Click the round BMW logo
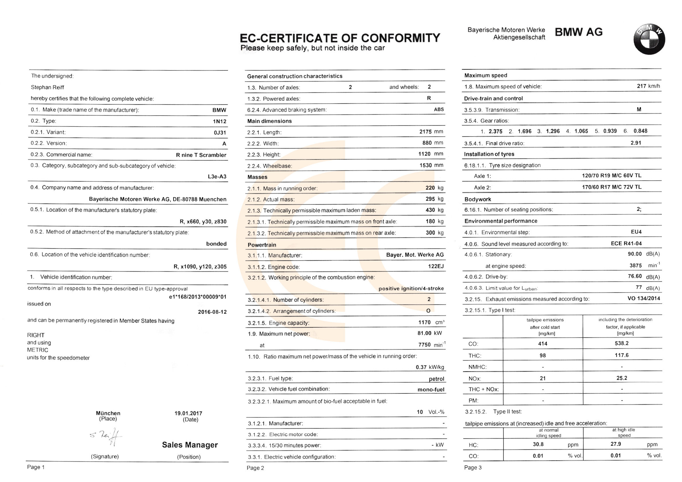[x=649, y=39]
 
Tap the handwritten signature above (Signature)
[x=107, y=436]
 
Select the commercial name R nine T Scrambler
[x=201, y=155]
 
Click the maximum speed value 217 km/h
[x=648, y=86]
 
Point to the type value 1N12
[x=220, y=121]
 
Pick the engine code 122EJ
[x=436, y=266]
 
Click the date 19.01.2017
[x=188, y=413]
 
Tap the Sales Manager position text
[x=190, y=445]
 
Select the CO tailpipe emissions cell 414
[x=543, y=343]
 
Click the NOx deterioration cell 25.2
[x=622, y=378]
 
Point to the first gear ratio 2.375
[x=495, y=131]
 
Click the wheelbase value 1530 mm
[x=431, y=165]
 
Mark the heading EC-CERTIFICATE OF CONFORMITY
[x=340, y=38]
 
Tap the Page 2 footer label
[x=255, y=468]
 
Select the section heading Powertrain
[x=262, y=245]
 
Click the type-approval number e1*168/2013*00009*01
[x=198, y=297]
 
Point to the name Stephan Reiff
[x=48, y=87]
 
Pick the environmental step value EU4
[x=636, y=232]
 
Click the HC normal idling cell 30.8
[x=538, y=444]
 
